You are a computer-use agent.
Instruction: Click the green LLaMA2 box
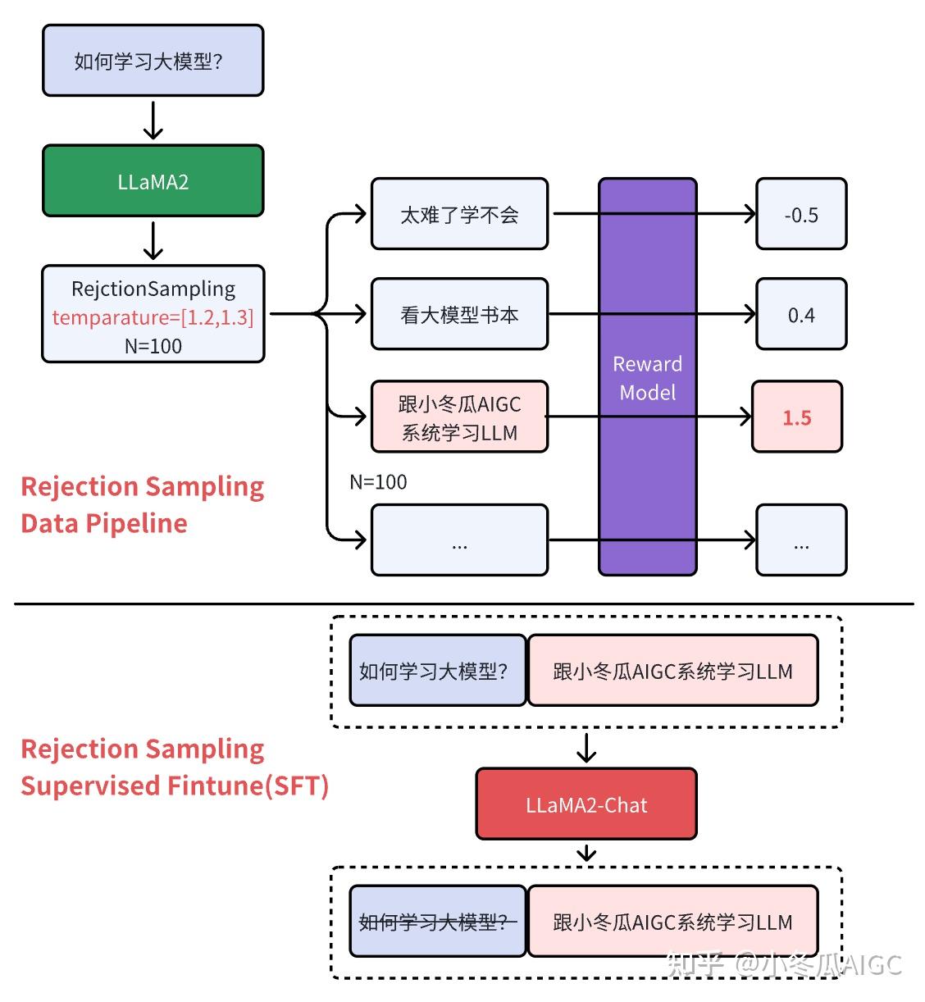[153, 181]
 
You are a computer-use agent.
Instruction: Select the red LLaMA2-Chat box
[586, 804]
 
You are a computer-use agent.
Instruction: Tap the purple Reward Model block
[647, 377]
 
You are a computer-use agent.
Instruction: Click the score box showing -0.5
[800, 215]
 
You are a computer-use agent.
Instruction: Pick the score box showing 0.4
[800, 315]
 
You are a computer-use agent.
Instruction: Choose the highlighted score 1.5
[796, 417]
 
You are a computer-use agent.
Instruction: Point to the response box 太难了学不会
[459, 215]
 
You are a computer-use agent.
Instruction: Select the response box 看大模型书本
[459, 315]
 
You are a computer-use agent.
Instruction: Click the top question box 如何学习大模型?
[153, 61]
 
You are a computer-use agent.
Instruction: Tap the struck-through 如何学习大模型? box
[437, 922]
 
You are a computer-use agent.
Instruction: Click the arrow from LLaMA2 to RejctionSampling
[153, 240]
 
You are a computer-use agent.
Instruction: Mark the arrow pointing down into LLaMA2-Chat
[586, 747]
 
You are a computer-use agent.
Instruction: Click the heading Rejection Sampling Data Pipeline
[142, 504]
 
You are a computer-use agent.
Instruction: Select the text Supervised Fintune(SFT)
[174, 786]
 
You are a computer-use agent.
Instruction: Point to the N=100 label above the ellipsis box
[378, 482]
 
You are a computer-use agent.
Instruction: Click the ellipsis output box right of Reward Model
[800, 540]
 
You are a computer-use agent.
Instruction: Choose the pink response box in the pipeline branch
[459, 417]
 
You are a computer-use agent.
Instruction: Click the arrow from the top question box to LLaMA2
[153, 121]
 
